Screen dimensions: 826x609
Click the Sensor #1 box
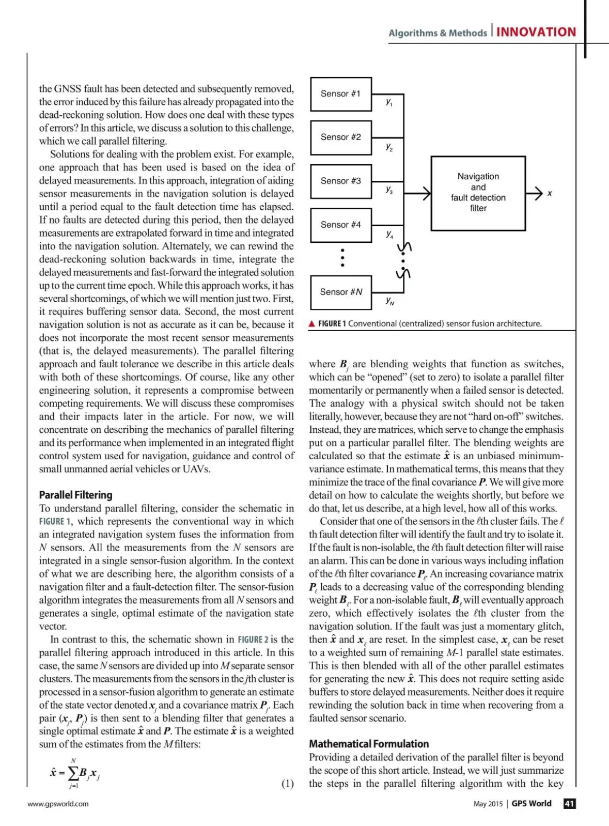coord(341,94)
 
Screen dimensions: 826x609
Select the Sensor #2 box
coord(341,137)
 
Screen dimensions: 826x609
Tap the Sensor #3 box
coord(341,181)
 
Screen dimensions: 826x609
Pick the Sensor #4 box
coord(341,225)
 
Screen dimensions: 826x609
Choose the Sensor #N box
coord(341,292)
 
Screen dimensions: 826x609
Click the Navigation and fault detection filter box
coord(478,193)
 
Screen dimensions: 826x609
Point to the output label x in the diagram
coord(550,194)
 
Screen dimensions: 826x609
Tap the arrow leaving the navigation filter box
coord(535,193)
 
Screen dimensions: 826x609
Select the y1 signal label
coord(389,102)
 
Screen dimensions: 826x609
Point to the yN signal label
coord(390,301)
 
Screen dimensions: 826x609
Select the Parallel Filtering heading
coord(76,495)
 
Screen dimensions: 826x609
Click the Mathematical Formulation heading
coord(369,744)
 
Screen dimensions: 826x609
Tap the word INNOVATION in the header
coord(536,32)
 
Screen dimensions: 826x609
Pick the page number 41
coord(569,804)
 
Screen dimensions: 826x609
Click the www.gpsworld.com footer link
coord(58,804)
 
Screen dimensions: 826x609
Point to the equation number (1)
coord(287,784)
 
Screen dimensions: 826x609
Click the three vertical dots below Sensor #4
coord(343,258)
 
